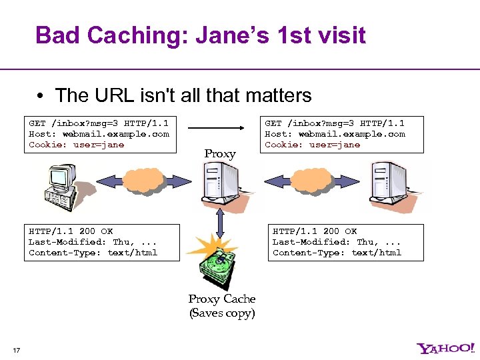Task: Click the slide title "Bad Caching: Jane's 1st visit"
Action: tap(200, 35)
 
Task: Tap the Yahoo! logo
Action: tap(446, 348)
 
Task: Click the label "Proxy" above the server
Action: tap(220, 154)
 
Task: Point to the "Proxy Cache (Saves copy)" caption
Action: tap(222, 306)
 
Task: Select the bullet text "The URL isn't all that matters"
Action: tap(183, 95)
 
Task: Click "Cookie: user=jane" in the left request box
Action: tap(76, 145)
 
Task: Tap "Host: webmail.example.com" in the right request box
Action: tap(335, 134)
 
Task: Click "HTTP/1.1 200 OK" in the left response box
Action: tap(71, 231)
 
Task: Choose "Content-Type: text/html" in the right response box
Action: tap(337, 253)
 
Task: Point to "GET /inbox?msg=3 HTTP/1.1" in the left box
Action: tap(99, 123)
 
